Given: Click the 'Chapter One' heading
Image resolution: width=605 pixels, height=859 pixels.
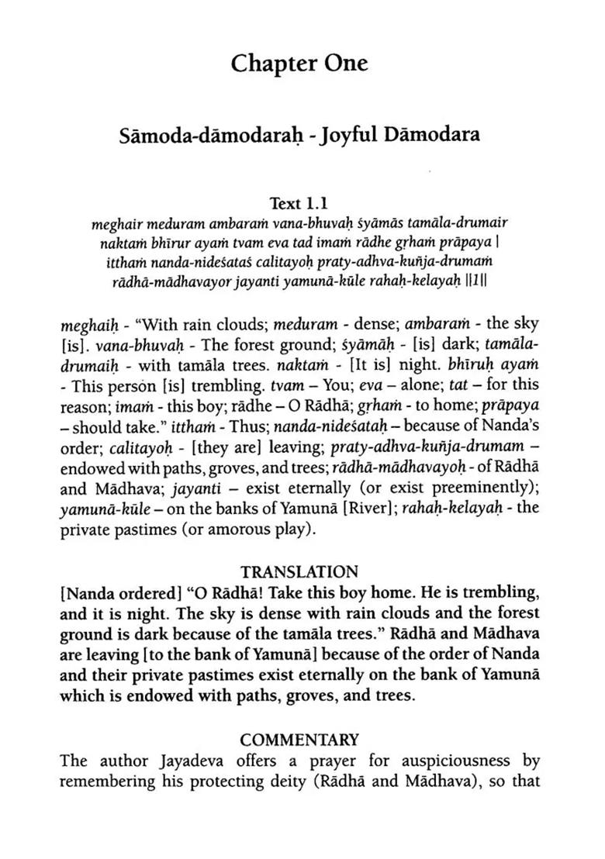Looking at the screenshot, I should [x=299, y=64].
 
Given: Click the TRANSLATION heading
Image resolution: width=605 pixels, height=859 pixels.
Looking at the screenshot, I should [x=299, y=572].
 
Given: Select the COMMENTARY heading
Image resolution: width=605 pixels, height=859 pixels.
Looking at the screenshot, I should [x=299, y=739].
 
